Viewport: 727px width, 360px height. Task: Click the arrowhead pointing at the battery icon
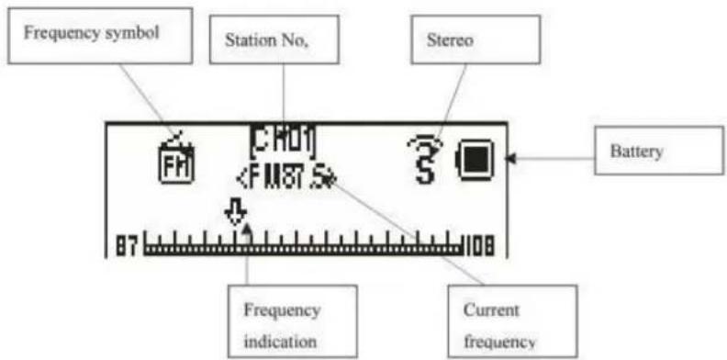coord(512,159)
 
